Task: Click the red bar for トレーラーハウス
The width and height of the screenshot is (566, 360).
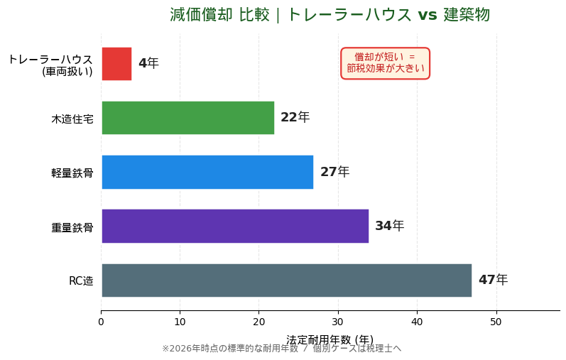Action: [116, 64]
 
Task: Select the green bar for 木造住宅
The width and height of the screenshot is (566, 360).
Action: [187, 118]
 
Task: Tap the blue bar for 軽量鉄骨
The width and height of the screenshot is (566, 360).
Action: [207, 172]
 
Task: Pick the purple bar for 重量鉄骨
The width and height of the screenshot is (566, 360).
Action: [235, 226]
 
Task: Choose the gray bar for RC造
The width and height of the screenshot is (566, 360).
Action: [286, 280]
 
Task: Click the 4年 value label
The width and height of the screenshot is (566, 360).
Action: [148, 64]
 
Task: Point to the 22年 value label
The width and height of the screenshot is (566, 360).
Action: [295, 118]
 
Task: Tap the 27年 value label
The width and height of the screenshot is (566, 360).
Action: [334, 172]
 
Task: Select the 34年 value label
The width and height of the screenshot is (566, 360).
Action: [389, 226]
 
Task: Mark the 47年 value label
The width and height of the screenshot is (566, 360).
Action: [493, 280]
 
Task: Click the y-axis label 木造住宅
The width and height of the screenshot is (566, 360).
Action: [72, 119]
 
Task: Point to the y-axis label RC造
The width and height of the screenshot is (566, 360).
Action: [81, 281]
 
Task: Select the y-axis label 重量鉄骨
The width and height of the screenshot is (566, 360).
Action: [72, 227]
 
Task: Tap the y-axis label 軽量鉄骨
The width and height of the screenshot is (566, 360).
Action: [72, 173]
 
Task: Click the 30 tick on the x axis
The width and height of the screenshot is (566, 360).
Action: [338, 322]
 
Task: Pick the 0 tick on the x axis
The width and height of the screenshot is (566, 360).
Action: [101, 322]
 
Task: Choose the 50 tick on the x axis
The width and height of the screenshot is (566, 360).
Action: [496, 322]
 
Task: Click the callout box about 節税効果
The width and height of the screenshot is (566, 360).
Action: [385, 63]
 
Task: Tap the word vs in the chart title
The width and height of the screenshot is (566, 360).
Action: [427, 15]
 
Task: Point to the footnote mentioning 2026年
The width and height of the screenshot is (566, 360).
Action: [281, 349]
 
